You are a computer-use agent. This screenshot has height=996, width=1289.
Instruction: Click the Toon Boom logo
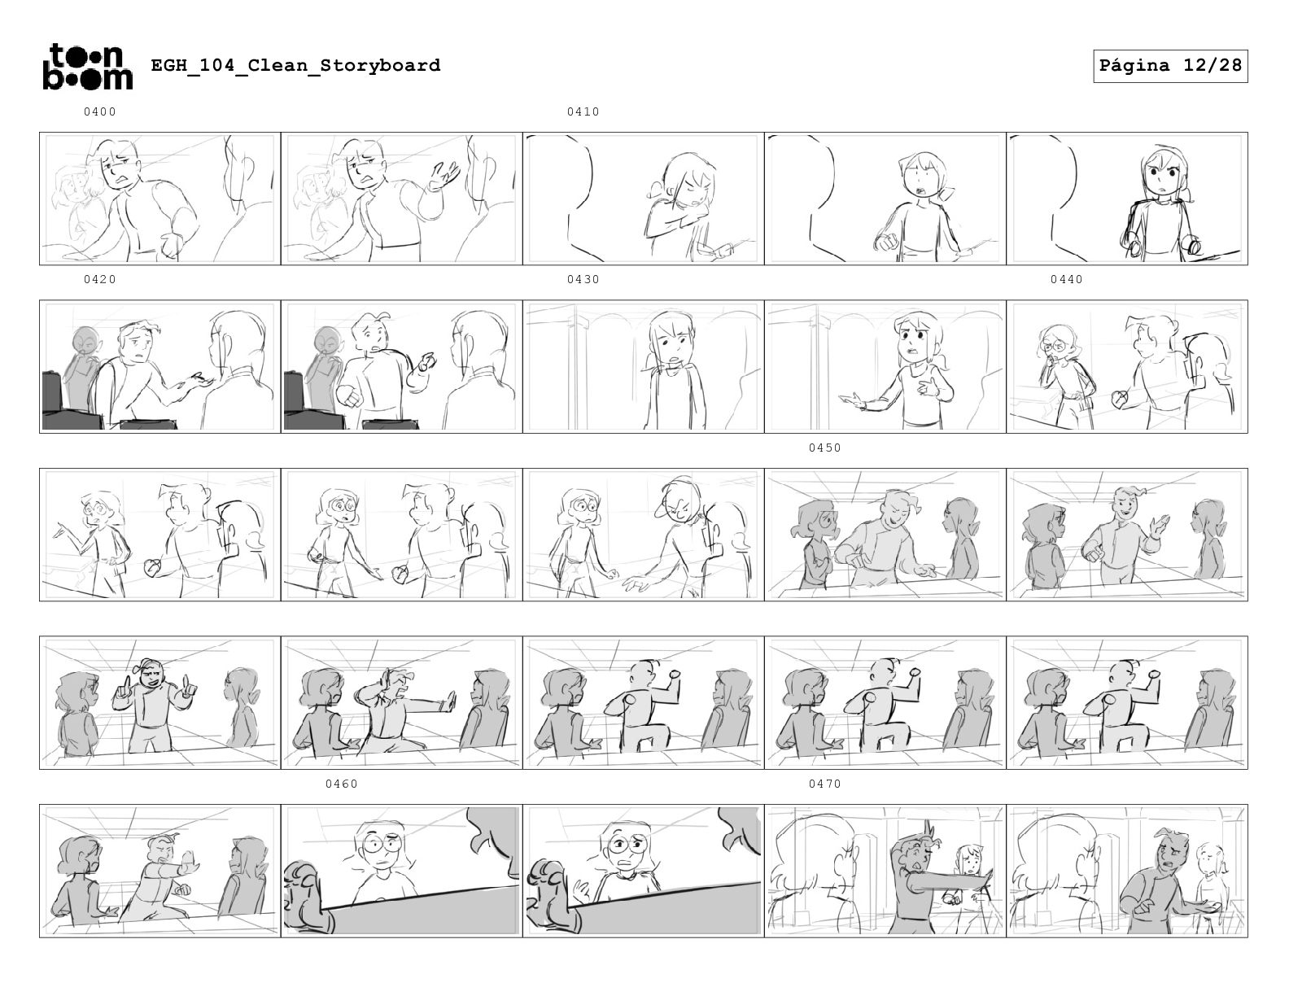[88, 67]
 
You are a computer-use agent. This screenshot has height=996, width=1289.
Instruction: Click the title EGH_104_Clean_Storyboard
[295, 64]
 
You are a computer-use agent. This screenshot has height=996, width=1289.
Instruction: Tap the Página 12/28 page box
[1169, 66]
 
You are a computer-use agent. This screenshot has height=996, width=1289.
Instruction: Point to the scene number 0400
[100, 111]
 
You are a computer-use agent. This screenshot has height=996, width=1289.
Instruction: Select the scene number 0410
[583, 111]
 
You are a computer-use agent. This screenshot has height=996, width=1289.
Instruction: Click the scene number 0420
[100, 279]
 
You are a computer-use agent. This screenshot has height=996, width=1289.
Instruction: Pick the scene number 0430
[583, 279]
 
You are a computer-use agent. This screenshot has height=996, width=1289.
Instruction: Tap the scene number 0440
[1067, 279]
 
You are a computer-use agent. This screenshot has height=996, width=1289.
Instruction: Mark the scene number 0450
[825, 448]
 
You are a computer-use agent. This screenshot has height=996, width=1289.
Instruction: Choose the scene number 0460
[342, 784]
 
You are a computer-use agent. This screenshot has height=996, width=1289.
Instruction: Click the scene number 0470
[825, 784]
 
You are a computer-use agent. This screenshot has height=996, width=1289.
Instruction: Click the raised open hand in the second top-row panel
[446, 175]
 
